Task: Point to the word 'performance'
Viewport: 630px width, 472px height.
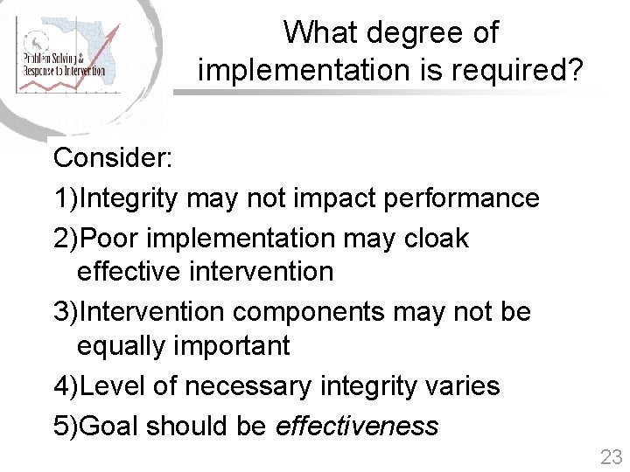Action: click(461, 198)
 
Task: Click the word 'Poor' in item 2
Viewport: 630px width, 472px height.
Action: click(112, 238)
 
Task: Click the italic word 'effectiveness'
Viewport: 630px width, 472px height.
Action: click(357, 426)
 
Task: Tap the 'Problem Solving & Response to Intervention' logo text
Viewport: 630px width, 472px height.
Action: click(64, 64)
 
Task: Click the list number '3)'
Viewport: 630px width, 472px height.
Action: click(66, 312)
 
